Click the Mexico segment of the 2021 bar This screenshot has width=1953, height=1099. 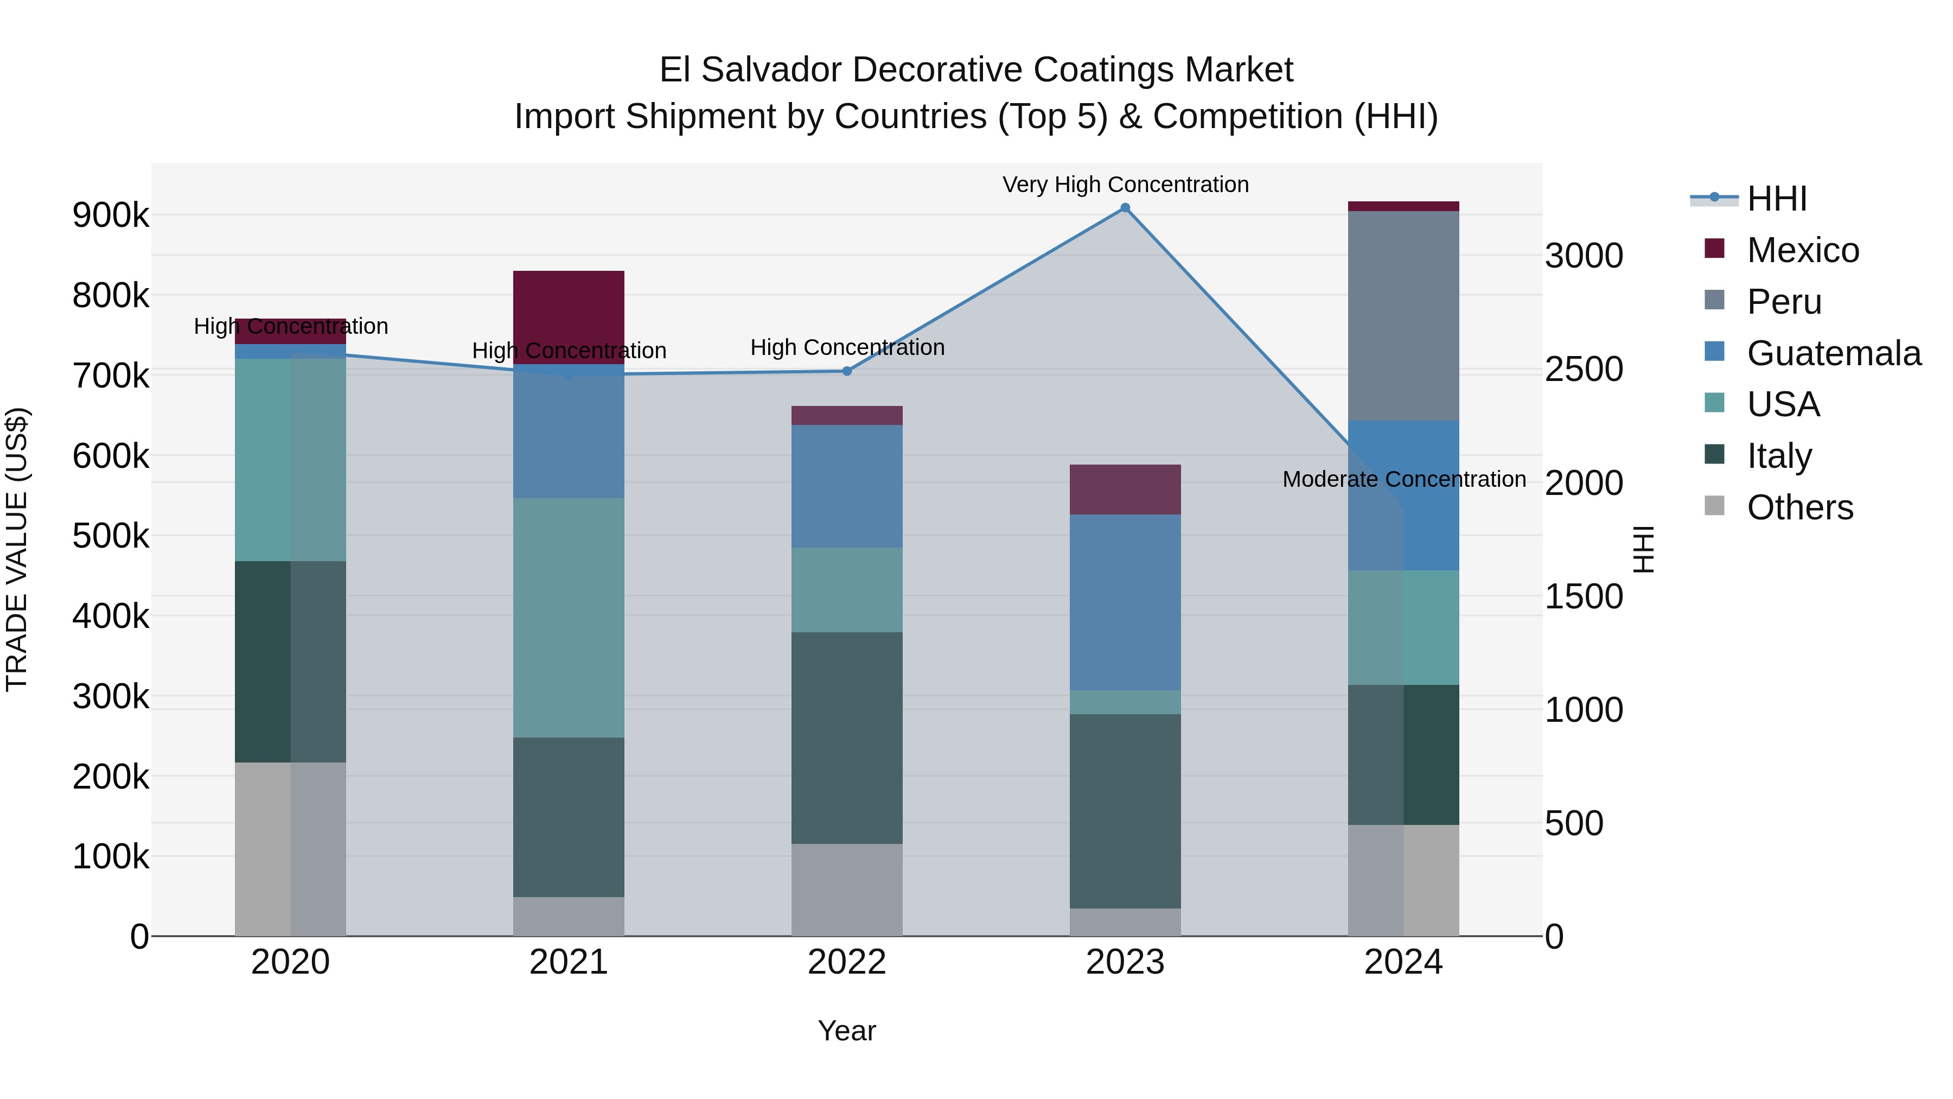point(569,317)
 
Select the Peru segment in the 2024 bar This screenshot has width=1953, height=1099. point(1403,315)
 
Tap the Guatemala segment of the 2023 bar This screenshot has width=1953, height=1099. point(1125,602)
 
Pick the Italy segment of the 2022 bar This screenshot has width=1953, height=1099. point(847,738)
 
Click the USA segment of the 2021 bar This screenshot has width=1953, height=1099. point(569,618)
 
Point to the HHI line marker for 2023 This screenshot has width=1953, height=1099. point(1125,208)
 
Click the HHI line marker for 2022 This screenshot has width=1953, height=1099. point(847,371)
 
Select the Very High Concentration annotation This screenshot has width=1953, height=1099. point(1125,185)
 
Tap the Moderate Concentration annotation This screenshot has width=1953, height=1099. point(1403,479)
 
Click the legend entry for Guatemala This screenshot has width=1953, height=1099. point(1833,353)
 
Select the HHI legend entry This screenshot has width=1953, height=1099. point(1776,199)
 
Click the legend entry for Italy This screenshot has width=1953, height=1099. point(1779,456)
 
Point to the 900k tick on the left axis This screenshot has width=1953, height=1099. point(111,215)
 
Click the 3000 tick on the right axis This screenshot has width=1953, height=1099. point(1584,256)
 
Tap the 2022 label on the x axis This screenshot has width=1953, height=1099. point(847,962)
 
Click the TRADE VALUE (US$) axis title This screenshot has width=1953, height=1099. point(17,549)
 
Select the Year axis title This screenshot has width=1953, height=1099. point(847,1031)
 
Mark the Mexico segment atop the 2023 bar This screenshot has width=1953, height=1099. point(1125,489)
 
